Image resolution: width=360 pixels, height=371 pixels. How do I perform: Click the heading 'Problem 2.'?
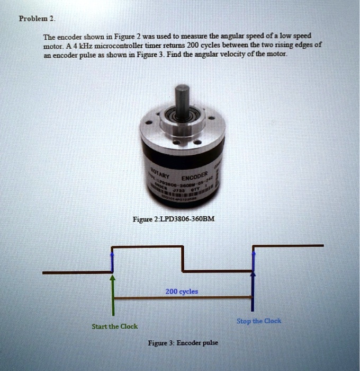click(37, 18)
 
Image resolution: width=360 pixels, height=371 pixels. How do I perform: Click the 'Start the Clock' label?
click(115, 326)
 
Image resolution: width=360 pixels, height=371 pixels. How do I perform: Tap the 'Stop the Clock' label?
click(259, 321)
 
